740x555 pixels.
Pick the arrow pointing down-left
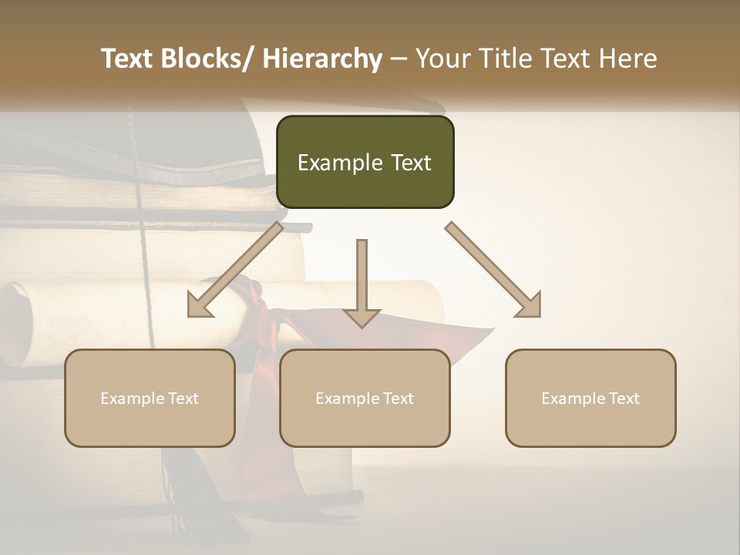235,270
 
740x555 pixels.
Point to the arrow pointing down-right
493,270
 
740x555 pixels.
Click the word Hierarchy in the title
322,59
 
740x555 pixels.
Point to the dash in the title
399,59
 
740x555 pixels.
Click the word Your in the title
442,59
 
